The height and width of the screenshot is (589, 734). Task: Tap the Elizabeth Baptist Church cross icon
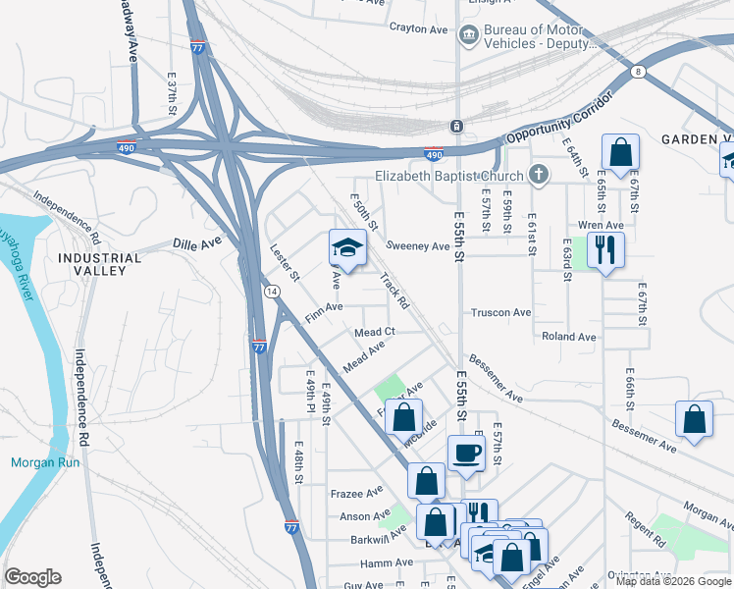click(x=537, y=177)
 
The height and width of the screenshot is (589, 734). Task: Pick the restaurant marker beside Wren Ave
click(x=605, y=249)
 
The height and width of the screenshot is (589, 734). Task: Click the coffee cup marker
click(x=465, y=454)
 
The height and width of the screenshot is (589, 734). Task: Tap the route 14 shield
click(x=271, y=292)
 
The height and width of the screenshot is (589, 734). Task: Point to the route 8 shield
click(x=639, y=72)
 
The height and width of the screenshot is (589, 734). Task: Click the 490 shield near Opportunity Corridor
click(x=433, y=154)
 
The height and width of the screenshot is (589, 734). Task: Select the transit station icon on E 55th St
click(x=456, y=127)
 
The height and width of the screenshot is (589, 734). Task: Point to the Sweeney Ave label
click(x=417, y=245)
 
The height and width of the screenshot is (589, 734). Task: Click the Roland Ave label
click(x=569, y=337)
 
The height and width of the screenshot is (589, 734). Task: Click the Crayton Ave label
click(x=418, y=28)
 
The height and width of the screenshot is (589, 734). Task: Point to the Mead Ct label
click(x=375, y=333)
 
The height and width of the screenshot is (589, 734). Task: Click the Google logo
click(x=32, y=577)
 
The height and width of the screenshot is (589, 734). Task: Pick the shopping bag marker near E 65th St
click(x=620, y=154)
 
